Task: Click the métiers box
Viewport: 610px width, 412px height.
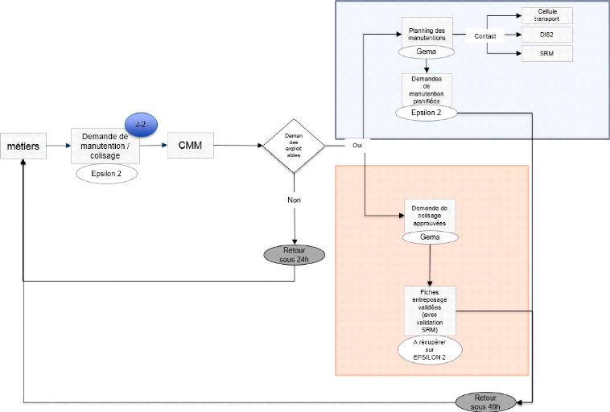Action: [23, 146]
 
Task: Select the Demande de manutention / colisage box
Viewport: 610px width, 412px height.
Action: [105, 146]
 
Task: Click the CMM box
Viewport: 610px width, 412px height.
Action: [190, 146]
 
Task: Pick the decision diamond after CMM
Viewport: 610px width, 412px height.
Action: [294, 146]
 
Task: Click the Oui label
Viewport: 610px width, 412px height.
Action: [357, 146]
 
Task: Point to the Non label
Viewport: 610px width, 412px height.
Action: [294, 200]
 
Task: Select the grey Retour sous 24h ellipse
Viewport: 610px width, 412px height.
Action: [294, 254]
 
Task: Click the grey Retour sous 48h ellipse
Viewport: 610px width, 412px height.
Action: [486, 402]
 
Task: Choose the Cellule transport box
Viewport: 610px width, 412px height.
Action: [547, 14]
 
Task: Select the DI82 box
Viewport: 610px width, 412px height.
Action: [547, 35]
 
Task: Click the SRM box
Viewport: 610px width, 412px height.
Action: [547, 54]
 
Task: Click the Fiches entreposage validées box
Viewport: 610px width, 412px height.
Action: [430, 310]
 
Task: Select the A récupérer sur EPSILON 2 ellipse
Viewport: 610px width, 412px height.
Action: [430, 349]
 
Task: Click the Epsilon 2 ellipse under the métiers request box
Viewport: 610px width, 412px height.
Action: [105, 172]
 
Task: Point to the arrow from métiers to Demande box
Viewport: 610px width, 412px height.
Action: [56, 146]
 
